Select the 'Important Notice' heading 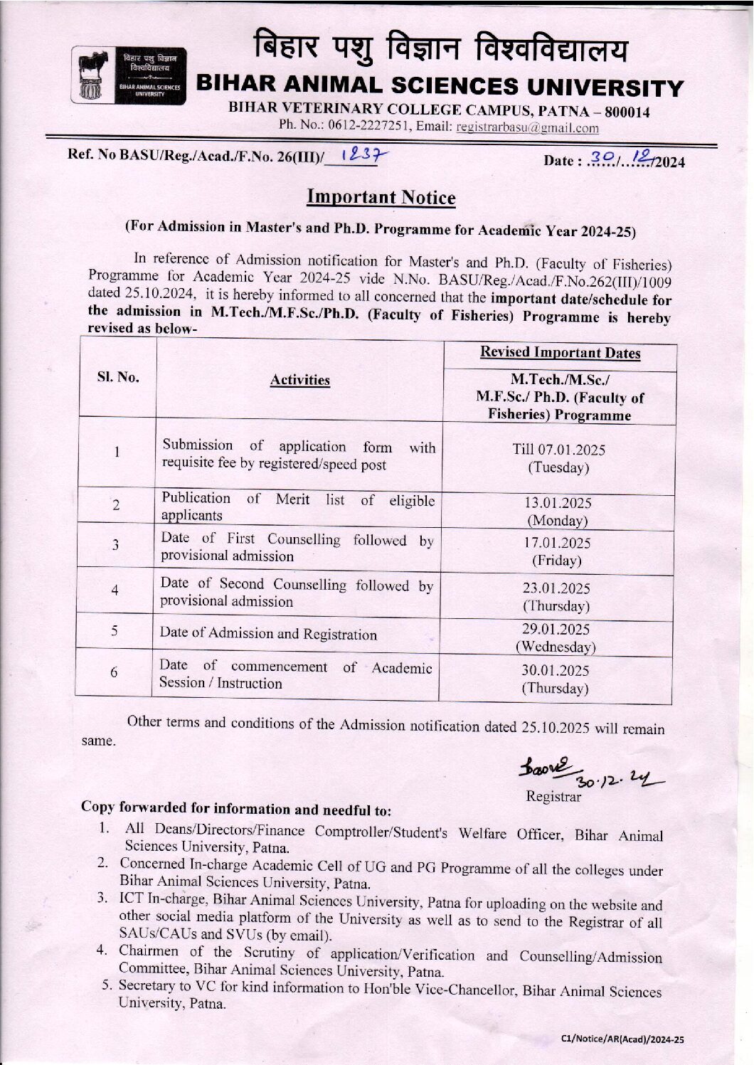tap(381, 196)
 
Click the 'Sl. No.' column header tap(117, 377)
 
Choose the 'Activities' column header tap(299, 380)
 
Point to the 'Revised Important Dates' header tap(560, 352)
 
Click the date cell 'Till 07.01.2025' tap(559, 450)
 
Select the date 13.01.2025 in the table tap(558, 502)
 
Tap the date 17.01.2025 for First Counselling tap(558, 543)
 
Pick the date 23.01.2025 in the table tap(557, 588)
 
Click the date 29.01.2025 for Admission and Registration tap(556, 630)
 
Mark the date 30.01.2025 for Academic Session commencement tap(556, 670)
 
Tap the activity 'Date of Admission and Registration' tap(268, 633)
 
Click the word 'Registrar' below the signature tap(553, 796)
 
